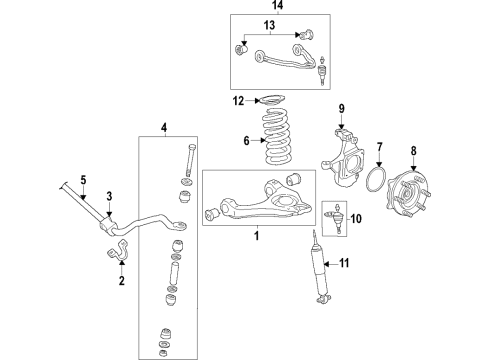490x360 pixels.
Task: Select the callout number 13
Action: point(269,24)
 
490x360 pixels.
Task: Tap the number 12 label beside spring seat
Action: point(237,100)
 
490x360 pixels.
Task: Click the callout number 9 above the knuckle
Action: point(340,107)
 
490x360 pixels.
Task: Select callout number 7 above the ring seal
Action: point(380,149)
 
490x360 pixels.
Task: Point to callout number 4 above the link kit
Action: point(165,126)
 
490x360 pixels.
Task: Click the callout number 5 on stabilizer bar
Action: point(85,181)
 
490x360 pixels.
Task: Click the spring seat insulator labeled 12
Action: point(272,100)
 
